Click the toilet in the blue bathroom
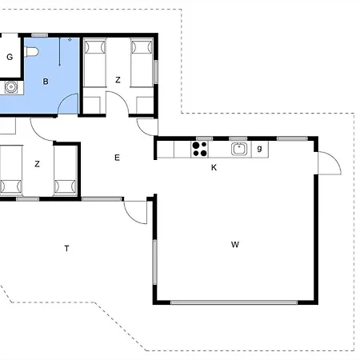click(x=31, y=52)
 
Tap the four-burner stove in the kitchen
click(x=200, y=149)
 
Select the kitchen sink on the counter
click(x=239, y=149)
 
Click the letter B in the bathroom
click(x=46, y=82)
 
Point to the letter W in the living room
click(x=235, y=244)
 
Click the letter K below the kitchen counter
click(x=214, y=167)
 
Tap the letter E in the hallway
click(x=117, y=158)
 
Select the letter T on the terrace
click(x=66, y=248)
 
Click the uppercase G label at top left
click(x=10, y=57)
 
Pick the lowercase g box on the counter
click(x=260, y=150)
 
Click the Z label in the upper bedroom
click(x=118, y=80)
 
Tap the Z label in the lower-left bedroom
click(x=37, y=164)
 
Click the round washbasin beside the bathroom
click(x=11, y=87)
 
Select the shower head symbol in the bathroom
click(x=70, y=40)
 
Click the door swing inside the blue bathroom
click(x=68, y=103)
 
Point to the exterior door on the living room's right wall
click(x=330, y=163)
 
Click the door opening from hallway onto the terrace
click(x=135, y=212)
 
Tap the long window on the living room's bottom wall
click(x=234, y=302)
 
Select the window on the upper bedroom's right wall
click(x=156, y=72)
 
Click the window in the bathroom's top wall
click(x=39, y=35)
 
